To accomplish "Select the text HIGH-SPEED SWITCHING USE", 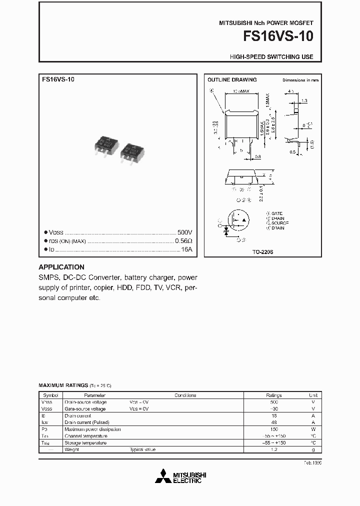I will coord(271,57).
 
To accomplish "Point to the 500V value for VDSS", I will coord(184,233).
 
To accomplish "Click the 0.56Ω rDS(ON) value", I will coord(183,241).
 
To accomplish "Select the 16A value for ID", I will coord(186,249).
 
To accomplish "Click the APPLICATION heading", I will coord(61,267).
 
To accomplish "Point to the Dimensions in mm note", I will coord(300,80).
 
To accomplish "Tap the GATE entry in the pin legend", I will coord(277,213).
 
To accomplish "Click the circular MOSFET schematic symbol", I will coord(238,220).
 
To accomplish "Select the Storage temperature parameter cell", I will coord(85,443).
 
